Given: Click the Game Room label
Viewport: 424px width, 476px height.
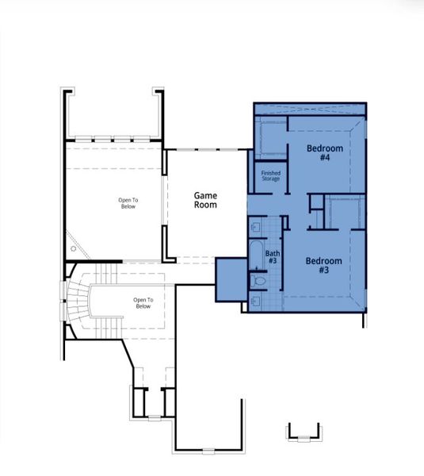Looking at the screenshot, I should pos(206,200).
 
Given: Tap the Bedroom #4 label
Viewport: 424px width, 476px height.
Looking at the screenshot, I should pos(325,153).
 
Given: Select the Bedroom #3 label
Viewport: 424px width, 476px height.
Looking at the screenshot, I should pos(323,266).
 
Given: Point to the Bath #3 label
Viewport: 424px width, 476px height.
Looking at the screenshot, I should pos(272,257).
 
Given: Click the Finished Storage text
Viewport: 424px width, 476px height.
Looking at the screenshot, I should pos(271,176).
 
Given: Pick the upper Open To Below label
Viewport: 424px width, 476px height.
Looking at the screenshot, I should pos(128,203).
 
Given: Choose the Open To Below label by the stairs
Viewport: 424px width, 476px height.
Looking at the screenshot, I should pos(143,302).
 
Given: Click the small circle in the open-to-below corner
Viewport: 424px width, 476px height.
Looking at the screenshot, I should pos(74,249).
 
